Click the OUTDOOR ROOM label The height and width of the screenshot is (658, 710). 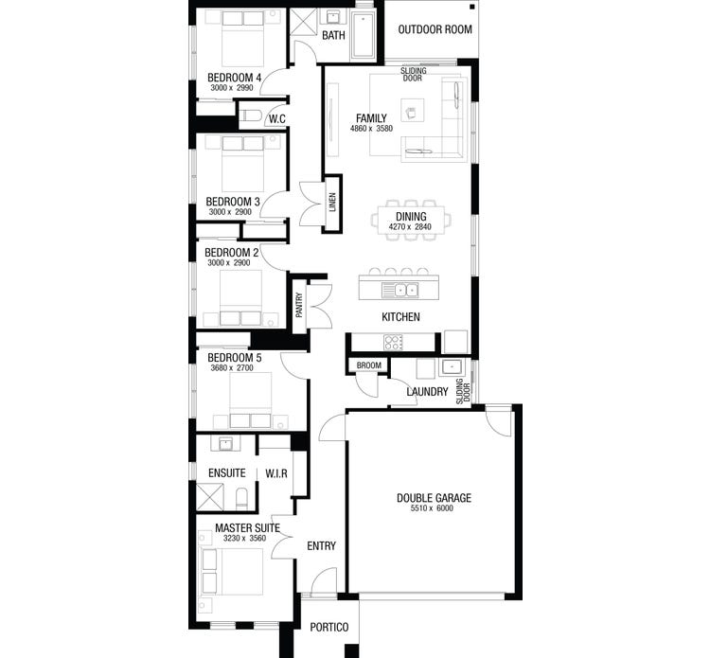[435, 29]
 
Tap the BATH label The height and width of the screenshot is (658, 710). [333, 36]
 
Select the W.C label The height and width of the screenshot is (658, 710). [276, 118]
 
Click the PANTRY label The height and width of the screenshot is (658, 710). [299, 305]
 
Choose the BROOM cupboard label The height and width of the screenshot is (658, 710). [368, 366]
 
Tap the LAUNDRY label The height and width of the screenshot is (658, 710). [426, 392]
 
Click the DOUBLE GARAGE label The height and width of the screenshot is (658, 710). [433, 498]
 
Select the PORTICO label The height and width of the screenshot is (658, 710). [329, 628]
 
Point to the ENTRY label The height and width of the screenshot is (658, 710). [322, 546]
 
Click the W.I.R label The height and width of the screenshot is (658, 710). [276, 472]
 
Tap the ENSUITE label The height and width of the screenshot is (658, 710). [226, 472]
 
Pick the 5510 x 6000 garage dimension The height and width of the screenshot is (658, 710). [433, 510]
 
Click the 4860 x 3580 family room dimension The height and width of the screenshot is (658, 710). [371, 130]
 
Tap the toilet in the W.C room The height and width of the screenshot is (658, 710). [250, 116]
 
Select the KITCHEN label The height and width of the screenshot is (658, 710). [400, 317]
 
